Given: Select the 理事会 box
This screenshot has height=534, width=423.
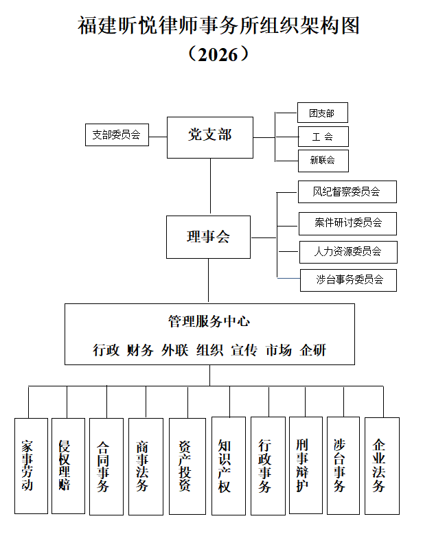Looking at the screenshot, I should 208,237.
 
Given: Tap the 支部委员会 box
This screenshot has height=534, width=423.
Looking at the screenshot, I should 116,135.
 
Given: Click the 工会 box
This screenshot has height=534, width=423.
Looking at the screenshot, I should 322,137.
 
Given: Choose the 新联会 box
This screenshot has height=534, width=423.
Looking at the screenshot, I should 322,161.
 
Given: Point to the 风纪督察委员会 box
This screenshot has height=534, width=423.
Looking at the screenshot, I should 347,192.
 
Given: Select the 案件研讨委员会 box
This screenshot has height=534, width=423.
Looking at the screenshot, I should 347,222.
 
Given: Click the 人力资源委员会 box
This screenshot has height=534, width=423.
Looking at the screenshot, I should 347,251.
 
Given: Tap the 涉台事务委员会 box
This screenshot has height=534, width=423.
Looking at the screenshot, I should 347,280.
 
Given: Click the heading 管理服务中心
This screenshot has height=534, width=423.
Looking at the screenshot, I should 209,321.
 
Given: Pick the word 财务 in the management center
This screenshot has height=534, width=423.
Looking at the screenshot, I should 140,350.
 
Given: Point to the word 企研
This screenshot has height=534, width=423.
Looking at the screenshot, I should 313,350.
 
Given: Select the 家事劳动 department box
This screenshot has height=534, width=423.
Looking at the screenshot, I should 31,465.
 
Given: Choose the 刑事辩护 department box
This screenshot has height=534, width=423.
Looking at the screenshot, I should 303,465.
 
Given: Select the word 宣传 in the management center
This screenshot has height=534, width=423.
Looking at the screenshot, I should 244,350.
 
